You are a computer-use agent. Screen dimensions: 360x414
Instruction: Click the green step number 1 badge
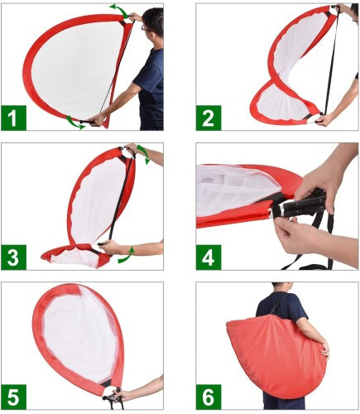[13, 118]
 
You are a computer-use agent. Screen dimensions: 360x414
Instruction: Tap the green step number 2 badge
[209, 118]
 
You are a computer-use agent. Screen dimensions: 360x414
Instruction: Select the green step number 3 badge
[13, 258]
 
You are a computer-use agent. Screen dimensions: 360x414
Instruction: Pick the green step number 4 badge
[209, 258]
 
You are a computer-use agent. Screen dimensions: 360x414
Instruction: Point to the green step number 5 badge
[13, 397]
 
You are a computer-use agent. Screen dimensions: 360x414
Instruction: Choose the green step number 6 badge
[209, 397]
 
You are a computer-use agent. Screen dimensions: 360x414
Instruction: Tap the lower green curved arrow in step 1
[74, 123]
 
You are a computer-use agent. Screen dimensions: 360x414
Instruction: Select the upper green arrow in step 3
[145, 153]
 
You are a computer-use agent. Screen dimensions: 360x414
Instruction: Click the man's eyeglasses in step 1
[146, 28]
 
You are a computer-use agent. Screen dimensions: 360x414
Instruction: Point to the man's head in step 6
[281, 287]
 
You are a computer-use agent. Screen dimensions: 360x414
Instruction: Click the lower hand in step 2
[324, 120]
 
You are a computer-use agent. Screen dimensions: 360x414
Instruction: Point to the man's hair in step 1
[153, 17]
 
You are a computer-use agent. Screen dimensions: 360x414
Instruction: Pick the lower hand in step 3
[111, 247]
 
